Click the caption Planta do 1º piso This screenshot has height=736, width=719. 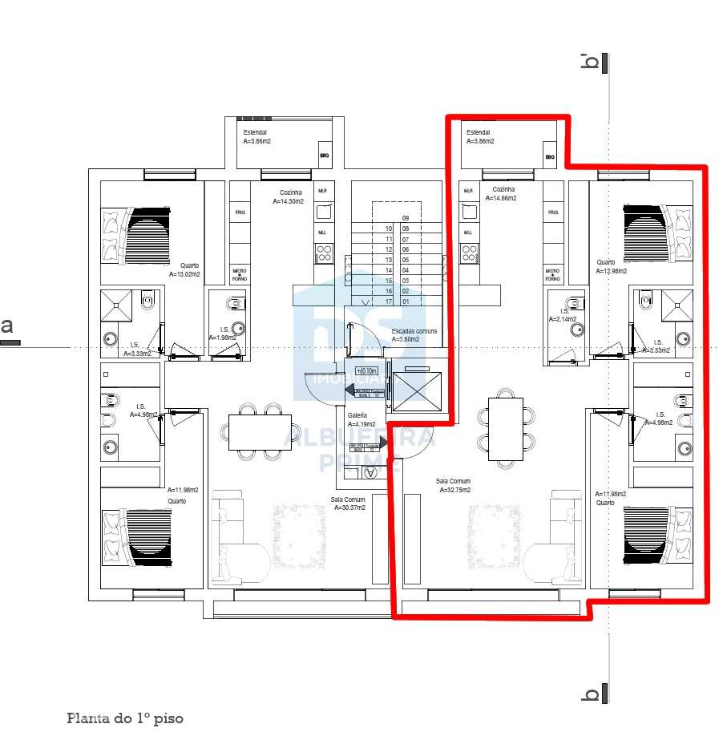tap(124, 718)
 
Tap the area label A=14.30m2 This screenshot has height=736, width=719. tap(287, 202)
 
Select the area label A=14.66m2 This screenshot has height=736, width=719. tap(499, 198)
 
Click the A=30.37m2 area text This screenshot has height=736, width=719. tap(348, 508)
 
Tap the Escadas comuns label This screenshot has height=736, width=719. tap(414, 331)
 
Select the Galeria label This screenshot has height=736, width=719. tap(357, 415)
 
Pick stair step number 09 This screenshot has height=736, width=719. tap(406, 218)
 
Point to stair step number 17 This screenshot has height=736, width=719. tap(389, 301)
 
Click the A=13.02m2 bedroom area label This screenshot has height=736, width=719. tap(184, 274)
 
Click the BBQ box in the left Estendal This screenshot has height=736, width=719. tap(325, 157)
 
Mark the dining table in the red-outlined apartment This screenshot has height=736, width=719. tap(506, 431)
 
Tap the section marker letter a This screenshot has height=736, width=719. tap(8, 326)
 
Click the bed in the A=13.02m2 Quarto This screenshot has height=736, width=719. tap(136, 236)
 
